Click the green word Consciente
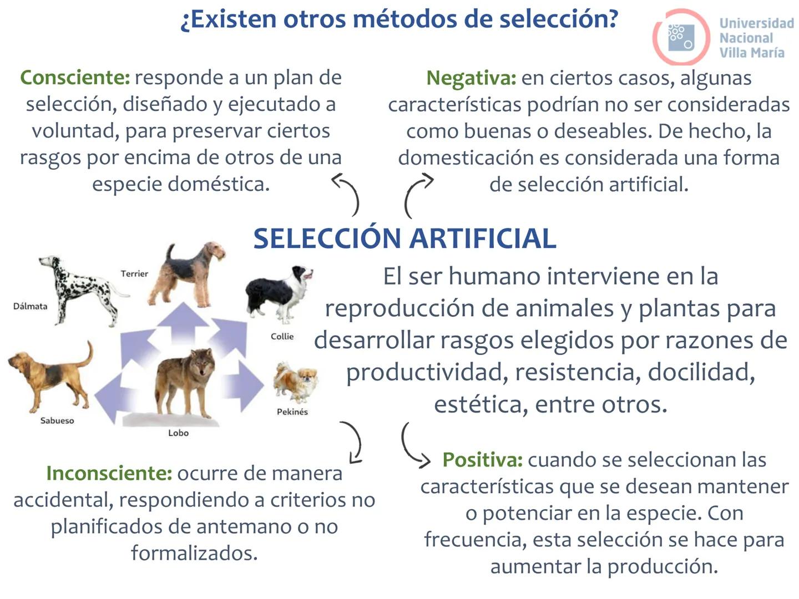(x=75, y=78)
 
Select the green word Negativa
(x=471, y=78)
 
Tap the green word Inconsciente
(x=109, y=474)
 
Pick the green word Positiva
(x=482, y=460)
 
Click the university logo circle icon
(x=681, y=37)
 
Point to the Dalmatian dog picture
(x=80, y=288)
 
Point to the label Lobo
(x=178, y=433)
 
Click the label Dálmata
(x=30, y=306)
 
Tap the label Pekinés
(x=292, y=412)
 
